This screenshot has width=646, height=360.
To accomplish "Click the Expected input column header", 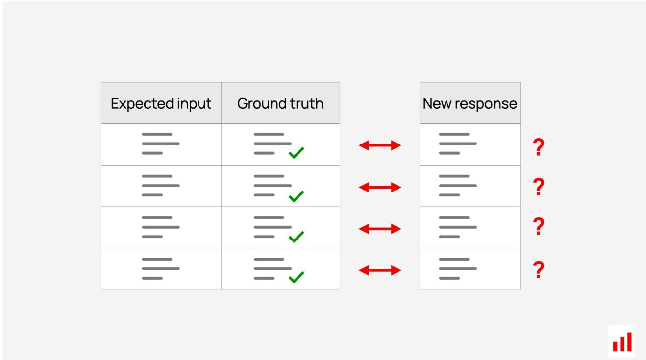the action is pos(161,103).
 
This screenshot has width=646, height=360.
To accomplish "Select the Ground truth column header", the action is pos(280,103).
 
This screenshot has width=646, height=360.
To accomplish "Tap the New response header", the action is pos(470,103).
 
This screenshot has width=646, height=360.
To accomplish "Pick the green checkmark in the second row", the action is pos(296,197).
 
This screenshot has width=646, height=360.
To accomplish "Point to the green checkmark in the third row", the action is pos(296,237).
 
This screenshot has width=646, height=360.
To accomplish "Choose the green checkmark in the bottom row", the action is pos(296,278).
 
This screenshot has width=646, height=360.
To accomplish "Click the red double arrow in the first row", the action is pos(380,145).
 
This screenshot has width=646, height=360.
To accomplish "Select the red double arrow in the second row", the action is pos(380,188).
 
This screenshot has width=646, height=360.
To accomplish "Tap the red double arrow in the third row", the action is pos(380,229).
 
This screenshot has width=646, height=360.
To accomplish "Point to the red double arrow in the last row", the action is pos(380,270).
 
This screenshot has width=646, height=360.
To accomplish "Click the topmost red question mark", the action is pos(539,147).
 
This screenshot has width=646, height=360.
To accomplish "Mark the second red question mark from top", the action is pos(539,187).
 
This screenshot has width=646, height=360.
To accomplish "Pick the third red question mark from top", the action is pos(539,226).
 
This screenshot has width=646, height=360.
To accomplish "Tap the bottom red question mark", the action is pos(539,269).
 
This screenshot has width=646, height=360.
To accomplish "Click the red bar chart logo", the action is pos(622,342).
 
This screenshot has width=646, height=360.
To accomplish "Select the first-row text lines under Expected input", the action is pos(161,144).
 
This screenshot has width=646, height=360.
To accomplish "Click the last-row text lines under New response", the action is pos(458,268).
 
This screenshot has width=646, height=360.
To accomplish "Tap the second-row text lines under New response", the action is pos(458,186).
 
